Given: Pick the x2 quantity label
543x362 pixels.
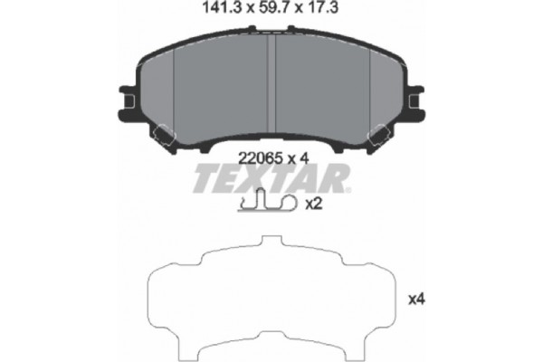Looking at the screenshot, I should (x=314, y=205).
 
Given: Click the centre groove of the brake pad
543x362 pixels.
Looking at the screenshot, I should (x=271, y=90).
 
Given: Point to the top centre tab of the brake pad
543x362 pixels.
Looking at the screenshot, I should (x=271, y=41).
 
